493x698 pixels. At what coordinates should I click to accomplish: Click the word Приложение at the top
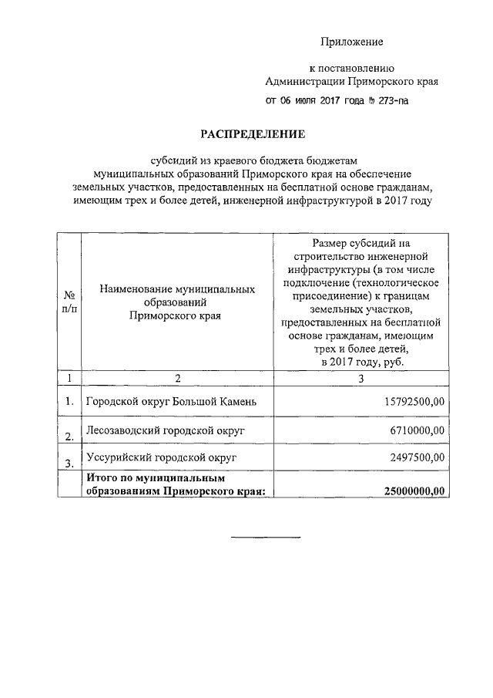click(x=351, y=41)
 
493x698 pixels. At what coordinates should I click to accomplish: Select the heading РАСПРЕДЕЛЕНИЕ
click(x=253, y=134)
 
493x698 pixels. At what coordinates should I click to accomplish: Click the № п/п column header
click(x=69, y=301)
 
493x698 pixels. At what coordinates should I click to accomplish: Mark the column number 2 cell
click(x=177, y=378)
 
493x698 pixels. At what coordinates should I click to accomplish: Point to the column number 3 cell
click(x=360, y=378)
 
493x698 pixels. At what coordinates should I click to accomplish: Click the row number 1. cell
click(x=69, y=401)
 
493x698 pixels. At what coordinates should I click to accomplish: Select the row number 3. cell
click(x=69, y=463)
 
